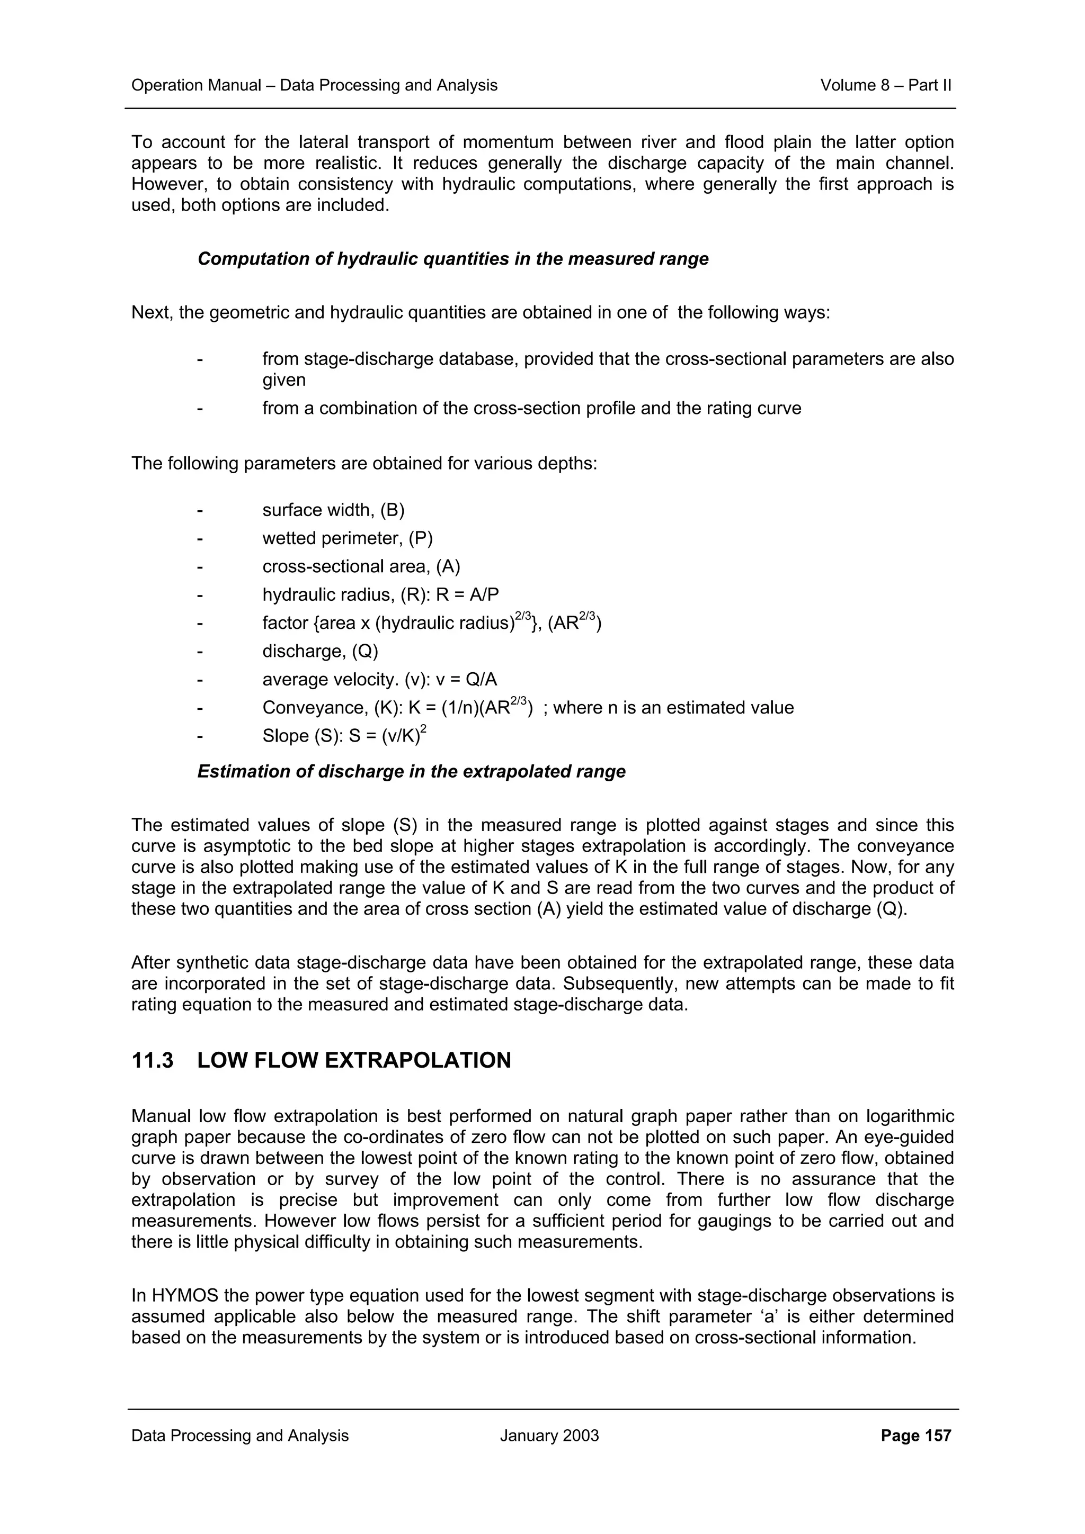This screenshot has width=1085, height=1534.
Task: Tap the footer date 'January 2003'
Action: tap(549, 1435)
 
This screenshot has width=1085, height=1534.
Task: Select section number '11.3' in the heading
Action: tap(153, 1060)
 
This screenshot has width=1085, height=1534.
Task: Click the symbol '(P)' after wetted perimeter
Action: tap(421, 538)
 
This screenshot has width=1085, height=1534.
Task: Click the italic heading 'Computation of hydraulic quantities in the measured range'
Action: tap(452, 259)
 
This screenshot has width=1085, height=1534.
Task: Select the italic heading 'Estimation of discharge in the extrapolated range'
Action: tap(411, 772)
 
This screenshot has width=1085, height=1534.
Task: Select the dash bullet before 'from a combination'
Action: tap(199, 408)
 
